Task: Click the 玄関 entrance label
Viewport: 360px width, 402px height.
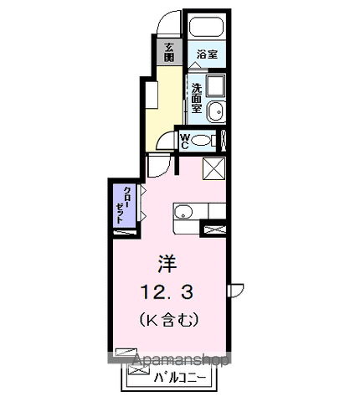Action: click(x=168, y=52)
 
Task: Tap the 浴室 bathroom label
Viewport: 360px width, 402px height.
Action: click(x=207, y=54)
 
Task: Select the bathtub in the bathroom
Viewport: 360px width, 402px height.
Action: click(x=206, y=28)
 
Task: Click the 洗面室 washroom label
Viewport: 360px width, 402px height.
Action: click(x=197, y=98)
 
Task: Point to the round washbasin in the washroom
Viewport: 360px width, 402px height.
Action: click(x=217, y=111)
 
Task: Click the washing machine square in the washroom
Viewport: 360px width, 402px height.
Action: click(x=216, y=85)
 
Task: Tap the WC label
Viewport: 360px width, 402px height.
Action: click(x=185, y=142)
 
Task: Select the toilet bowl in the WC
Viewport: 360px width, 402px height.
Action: click(x=202, y=140)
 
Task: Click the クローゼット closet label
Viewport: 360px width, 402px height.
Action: click(x=124, y=205)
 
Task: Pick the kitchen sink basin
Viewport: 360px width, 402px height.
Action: click(x=183, y=213)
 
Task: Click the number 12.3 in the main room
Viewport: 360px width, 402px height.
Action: click(x=167, y=292)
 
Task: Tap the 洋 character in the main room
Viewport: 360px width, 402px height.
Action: click(x=167, y=264)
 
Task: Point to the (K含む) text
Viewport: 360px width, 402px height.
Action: click(x=169, y=320)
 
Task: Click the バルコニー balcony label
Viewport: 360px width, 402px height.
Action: click(x=180, y=378)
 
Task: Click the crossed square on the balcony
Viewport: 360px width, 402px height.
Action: click(x=139, y=369)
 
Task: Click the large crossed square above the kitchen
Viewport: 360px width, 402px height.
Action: click(x=213, y=168)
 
